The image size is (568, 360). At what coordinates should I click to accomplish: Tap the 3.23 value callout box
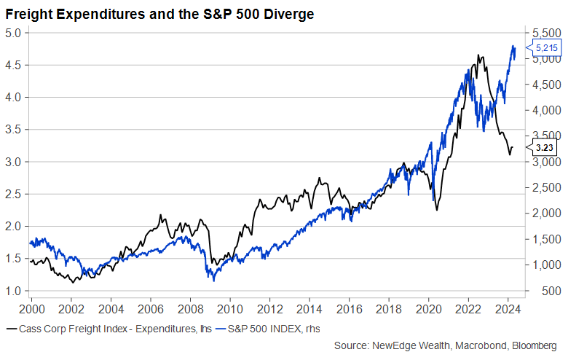[546, 147]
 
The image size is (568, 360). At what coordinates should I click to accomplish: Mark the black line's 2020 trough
[437, 211]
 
